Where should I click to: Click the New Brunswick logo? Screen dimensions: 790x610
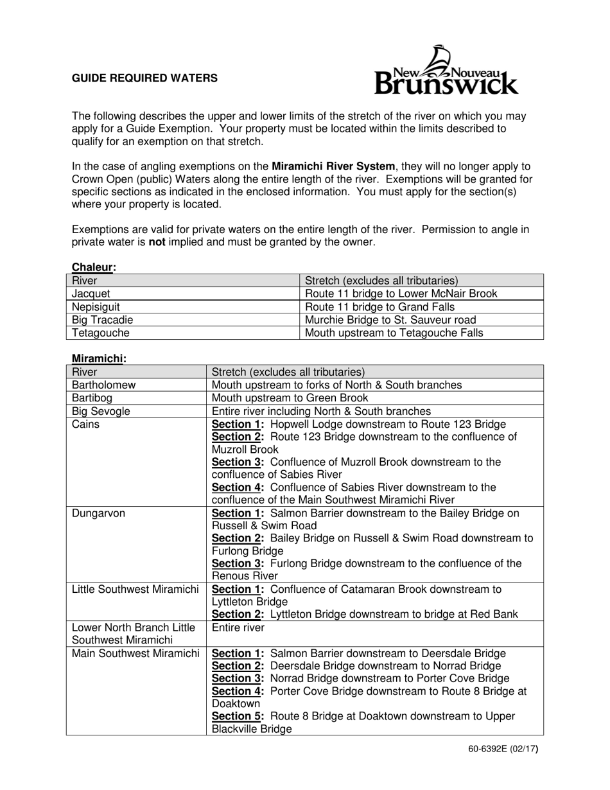[x=446, y=71]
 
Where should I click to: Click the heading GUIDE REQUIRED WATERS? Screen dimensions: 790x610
[x=144, y=78]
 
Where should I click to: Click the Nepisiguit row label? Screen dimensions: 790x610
[x=96, y=307]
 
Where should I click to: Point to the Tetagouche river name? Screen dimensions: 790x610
[x=101, y=333]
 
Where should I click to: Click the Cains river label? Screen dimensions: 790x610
[x=85, y=424]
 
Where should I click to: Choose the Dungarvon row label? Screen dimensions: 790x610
[x=97, y=513]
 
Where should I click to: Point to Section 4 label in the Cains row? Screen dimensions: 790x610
[x=238, y=487]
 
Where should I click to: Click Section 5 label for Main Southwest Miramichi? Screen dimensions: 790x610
[x=238, y=716]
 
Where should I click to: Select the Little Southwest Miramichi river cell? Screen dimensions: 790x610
[x=135, y=589]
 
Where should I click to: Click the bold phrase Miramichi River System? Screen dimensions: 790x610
[x=333, y=167]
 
